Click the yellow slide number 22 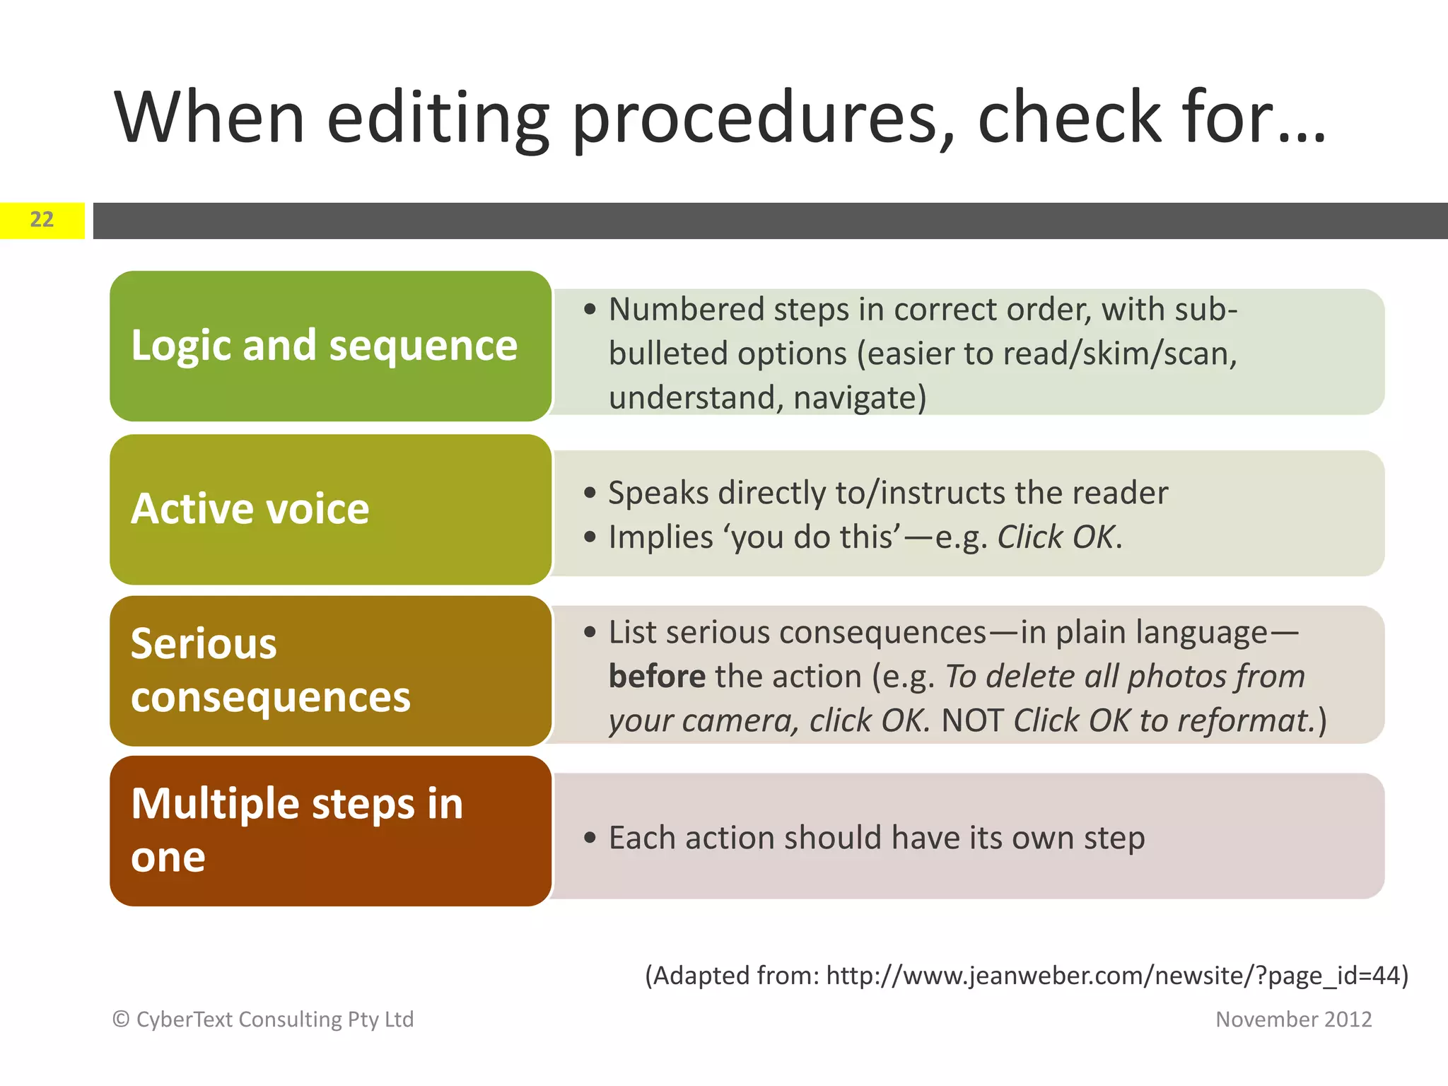pos(42,220)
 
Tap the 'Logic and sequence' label pos(325,346)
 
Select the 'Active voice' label pos(250,509)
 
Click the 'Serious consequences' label pos(271,670)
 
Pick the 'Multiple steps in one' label pos(297,830)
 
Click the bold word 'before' pos(657,677)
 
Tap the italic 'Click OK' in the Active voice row pos(1056,537)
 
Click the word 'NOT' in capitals pos(972,721)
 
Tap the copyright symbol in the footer pos(122,1020)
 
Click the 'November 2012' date pos(1293,1020)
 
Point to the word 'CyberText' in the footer pos(186,1020)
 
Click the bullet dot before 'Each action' pos(590,839)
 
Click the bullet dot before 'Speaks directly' pos(590,494)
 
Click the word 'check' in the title pos(1068,119)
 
